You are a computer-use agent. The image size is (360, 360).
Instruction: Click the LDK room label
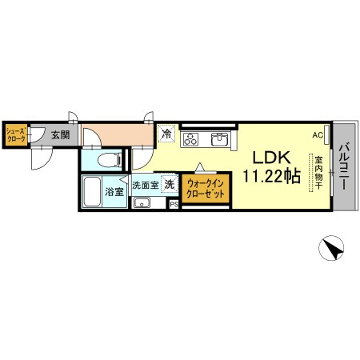tap(271, 158)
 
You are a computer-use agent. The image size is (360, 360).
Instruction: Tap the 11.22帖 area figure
tap(272, 176)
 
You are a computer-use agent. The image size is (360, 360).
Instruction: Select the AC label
tap(318, 135)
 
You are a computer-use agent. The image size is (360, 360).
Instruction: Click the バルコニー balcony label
tap(344, 166)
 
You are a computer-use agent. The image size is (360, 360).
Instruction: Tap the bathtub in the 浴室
tap(92, 191)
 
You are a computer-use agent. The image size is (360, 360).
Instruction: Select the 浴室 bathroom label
tap(114, 191)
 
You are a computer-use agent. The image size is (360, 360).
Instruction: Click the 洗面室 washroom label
tap(146, 185)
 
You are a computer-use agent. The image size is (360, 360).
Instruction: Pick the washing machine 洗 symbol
tap(170, 184)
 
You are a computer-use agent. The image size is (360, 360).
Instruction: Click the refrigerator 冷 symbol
tap(167, 134)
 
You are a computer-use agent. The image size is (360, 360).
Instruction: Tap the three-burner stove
tap(190, 139)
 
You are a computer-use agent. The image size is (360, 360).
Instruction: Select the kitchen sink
tap(219, 139)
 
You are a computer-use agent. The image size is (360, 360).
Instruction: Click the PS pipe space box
tap(174, 205)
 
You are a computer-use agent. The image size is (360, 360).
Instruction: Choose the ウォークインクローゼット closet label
tap(206, 189)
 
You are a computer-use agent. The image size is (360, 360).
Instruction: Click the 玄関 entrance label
tap(61, 135)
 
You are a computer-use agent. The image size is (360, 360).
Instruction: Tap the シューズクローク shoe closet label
tap(16, 134)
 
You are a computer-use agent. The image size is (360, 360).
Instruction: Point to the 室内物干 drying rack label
tap(318, 173)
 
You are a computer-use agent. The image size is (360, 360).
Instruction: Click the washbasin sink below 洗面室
tap(142, 202)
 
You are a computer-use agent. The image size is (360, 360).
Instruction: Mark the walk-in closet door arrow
tap(200, 167)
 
